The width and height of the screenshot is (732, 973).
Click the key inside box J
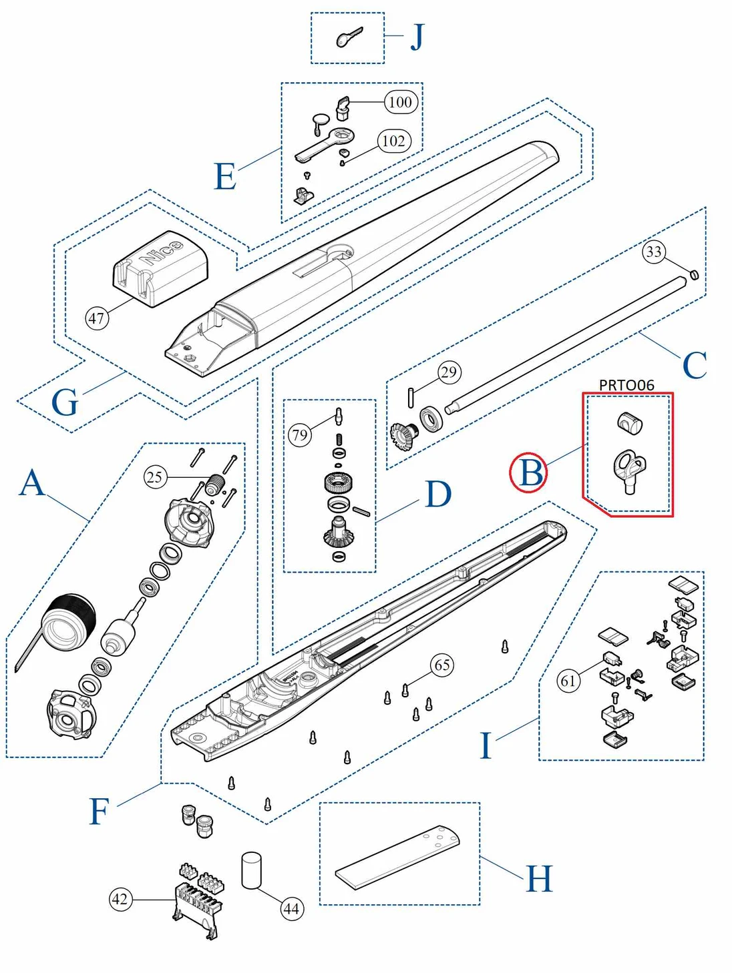349,38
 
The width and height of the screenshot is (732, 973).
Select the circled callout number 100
400,102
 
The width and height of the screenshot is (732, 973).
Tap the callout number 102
393,141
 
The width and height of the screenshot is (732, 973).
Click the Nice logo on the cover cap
160,253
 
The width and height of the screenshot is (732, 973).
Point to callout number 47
97,318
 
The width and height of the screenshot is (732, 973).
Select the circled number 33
654,252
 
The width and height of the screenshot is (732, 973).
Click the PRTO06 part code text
626,385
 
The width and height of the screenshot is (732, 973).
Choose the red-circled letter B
530,473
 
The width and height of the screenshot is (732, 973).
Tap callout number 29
449,372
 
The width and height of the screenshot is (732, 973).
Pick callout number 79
300,435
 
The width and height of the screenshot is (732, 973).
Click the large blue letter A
32,483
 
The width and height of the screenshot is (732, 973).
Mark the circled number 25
155,476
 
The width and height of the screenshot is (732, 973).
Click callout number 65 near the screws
442,665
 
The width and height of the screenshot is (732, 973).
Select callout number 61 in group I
568,681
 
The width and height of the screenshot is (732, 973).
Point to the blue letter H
539,878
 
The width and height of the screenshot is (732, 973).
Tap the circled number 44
291,908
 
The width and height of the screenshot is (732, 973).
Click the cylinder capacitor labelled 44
251,870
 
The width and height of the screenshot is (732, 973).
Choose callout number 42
120,899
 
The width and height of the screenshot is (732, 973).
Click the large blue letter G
65,403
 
